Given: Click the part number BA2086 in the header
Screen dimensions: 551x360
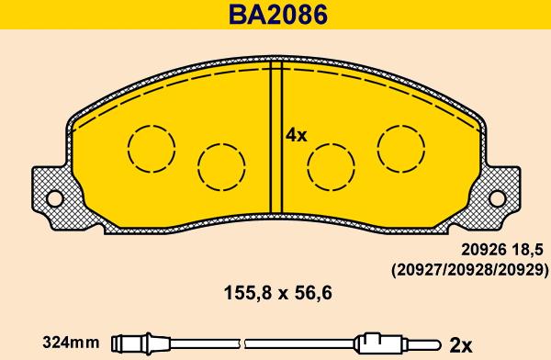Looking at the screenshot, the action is tap(278, 15).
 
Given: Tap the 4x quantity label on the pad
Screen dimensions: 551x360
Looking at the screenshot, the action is tap(296, 135).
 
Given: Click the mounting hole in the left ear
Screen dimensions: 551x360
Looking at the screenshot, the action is tap(54, 199).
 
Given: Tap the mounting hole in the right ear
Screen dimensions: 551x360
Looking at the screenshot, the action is tap(497, 199).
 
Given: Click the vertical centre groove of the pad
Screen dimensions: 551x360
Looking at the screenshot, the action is tap(275, 138).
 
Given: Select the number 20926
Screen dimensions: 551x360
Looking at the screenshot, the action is tap(484, 250).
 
